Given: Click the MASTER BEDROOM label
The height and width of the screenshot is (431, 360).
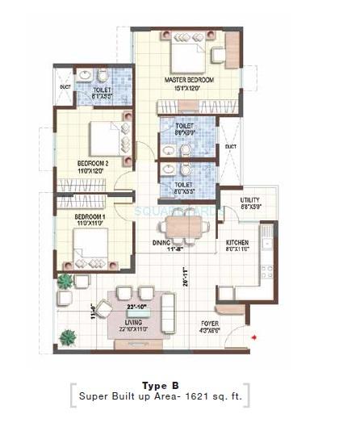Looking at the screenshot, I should coord(187,81).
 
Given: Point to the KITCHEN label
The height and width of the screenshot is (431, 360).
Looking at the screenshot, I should coord(237,242).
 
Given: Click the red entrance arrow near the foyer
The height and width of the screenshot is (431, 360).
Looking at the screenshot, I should coord(254,336).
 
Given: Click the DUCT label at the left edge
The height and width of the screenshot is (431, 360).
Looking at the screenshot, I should coord(64,86).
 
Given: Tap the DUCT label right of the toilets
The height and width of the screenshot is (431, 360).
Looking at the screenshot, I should coord(230,146).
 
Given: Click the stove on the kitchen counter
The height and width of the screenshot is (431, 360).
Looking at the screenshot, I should coord(267,272).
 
